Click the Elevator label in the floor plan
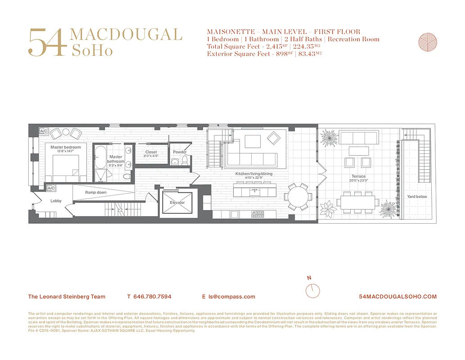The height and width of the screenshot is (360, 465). pos(177,202)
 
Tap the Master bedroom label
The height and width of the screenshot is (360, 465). pos(66,147)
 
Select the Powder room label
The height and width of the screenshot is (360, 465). pos(180,152)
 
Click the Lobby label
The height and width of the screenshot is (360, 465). pos(56,201)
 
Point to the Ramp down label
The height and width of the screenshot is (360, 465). pos(96,193)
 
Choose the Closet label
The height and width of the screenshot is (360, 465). pos(151,152)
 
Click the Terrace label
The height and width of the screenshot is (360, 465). pos(359,176)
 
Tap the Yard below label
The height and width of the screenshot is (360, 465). pos(417,197)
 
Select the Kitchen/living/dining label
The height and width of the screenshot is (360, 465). pos(254,174)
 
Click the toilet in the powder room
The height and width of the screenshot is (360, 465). pos(185,162)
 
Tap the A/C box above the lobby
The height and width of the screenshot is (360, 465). pos(51,188)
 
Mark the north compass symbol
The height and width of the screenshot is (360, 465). pos(312,291)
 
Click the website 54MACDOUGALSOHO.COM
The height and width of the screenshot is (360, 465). pos(398,297)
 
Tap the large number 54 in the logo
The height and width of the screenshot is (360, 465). pos(47,43)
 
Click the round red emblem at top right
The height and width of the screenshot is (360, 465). pos(427,42)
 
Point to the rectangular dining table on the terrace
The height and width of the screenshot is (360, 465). pos(358,203)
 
